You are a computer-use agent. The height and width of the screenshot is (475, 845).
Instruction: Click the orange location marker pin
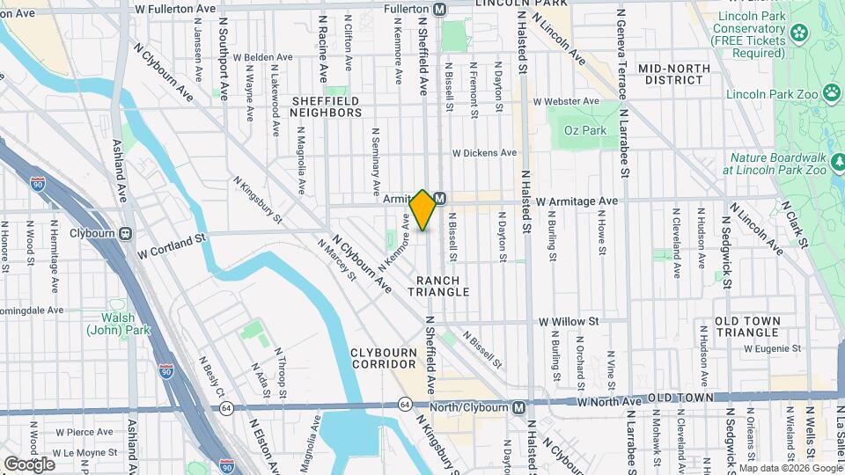(423, 210)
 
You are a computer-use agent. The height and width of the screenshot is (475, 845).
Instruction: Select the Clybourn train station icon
(125, 234)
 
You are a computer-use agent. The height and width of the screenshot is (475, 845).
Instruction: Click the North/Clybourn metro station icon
(519, 407)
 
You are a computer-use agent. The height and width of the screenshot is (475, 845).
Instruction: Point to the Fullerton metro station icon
(440, 8)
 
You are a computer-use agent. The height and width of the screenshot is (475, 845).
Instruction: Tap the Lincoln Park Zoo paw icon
(832, 92)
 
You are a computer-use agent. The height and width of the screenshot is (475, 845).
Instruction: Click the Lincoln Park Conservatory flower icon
(798, 33)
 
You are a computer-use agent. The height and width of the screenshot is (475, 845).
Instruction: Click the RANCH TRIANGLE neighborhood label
(438, 285)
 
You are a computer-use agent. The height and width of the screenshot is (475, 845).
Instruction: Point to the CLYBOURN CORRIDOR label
(383, 357)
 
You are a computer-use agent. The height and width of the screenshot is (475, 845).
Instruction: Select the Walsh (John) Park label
(118, 324)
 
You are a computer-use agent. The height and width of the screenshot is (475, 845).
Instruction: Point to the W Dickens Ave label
(484, 152)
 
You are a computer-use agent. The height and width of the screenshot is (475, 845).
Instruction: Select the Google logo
(29, 464)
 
